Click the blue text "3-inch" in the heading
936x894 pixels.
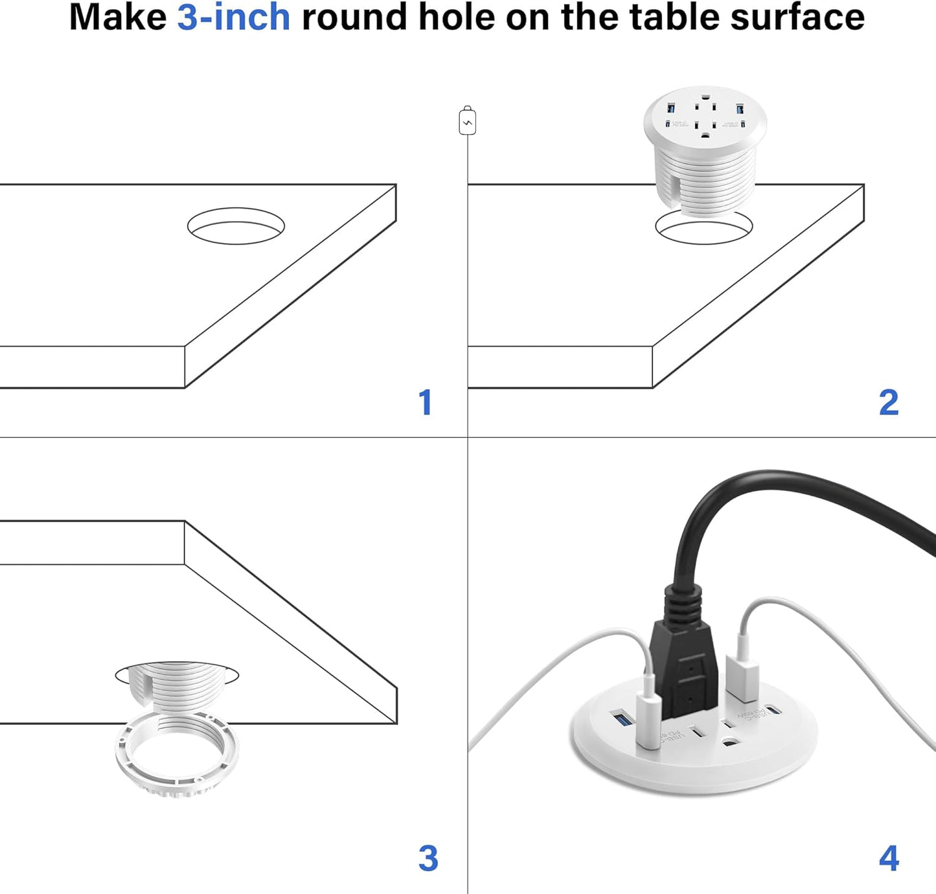point(233,17)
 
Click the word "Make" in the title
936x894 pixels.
point(117,17)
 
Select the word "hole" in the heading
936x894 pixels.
point(457,17)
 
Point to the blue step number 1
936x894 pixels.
point(425,403)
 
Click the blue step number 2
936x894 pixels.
point(889,403)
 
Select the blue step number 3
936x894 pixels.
point(428,858)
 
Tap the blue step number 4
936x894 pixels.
point(889,858)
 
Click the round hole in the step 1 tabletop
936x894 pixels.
point(236,226)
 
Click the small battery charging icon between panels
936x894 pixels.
point(467,121)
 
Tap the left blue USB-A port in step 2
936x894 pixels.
point(671,108)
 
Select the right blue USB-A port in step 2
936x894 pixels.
point(739,108)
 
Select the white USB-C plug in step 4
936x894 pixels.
point(648,719)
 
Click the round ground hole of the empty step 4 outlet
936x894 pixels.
point(733,746)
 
